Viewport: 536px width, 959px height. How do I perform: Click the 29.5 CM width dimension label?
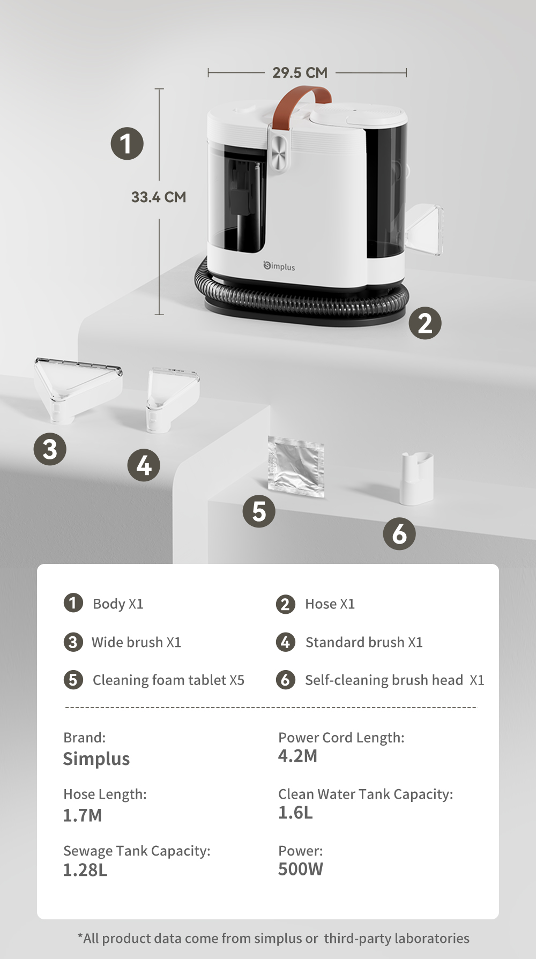(x=300, y=72)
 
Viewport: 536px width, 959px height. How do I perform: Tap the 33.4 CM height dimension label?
(x=159, y=197)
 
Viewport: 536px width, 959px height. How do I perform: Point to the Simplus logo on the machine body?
(x=279, y=266)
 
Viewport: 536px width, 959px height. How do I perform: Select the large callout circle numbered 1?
(x=127, y=144)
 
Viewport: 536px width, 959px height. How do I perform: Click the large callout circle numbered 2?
(x=425, y=323)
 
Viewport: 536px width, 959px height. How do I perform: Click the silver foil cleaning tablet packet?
(x=296, y=466)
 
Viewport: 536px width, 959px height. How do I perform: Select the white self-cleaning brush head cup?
(x=416, y=478)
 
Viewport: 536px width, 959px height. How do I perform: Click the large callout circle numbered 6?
(x=399, y=534)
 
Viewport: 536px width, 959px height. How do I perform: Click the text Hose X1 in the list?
(x=330, y=604)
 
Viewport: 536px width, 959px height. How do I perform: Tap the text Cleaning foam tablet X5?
(x=168, y=680)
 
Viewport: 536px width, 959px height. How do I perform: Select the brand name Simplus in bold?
(x=96, y=759)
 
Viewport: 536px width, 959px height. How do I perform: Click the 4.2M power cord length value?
(x=297, y=756)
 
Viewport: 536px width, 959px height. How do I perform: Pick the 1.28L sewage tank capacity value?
(x=85, y=870)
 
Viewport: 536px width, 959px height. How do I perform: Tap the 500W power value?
(x=301, y=869)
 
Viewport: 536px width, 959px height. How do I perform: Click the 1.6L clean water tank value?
(x=295, y=813)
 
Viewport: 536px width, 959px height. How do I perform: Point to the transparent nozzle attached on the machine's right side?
(x=425, y=229)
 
